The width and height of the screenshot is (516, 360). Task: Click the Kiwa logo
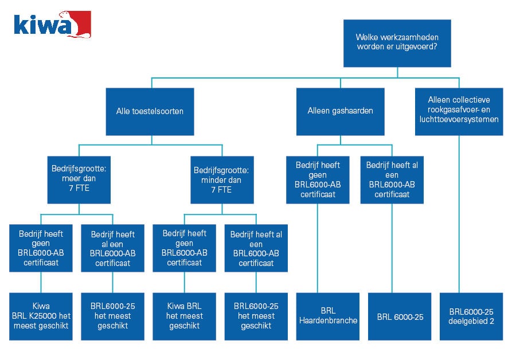coord(52,25)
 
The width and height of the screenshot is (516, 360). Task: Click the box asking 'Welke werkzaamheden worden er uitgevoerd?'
coord(397,43)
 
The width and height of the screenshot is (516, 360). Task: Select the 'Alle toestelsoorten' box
coord(150,111)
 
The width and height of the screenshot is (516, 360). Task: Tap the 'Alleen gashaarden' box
coord(340,111)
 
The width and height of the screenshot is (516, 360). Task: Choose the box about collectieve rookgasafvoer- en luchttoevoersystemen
coord(459,111)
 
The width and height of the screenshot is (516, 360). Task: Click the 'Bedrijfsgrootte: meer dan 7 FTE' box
coord(79,179)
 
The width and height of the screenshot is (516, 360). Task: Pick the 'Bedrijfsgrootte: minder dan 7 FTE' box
coord(221,179)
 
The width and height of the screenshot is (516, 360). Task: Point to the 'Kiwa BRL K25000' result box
coord(41,316)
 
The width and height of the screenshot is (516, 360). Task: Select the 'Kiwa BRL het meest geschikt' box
coord(184,316)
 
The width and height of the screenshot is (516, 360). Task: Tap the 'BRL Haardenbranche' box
coord(328,316)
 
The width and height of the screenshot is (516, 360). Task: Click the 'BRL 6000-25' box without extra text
coord(400,316)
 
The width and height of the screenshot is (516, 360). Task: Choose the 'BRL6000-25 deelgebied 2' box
coord(471,316)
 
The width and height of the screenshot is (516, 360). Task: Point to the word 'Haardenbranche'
coord(328,321)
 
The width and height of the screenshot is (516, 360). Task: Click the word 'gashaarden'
coord(352,111)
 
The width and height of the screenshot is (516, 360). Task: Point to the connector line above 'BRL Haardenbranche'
coord(317,246)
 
